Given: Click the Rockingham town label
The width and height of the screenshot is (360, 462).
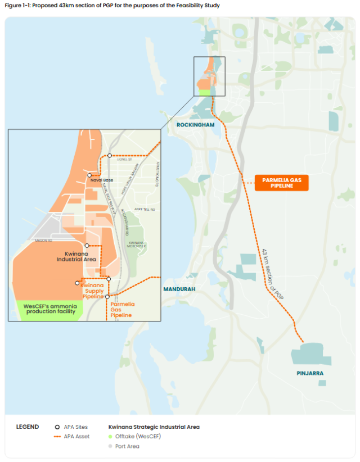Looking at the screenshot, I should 196,125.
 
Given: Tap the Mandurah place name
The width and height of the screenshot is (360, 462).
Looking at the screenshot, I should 179,289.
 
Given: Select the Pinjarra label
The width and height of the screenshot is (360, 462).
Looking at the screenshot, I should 310,373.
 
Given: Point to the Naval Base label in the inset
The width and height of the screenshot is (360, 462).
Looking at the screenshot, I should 102,180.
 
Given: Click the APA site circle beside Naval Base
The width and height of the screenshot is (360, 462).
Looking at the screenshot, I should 89,175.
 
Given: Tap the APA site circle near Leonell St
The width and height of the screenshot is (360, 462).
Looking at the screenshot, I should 110,155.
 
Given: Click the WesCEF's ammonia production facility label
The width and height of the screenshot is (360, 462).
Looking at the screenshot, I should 50,309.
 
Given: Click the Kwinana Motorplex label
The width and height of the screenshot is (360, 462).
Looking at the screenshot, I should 137,244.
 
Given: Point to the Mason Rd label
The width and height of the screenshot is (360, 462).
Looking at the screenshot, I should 43,241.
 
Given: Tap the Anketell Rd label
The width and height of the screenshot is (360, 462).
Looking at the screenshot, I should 145,209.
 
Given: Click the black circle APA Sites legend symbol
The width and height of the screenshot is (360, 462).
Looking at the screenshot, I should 57,427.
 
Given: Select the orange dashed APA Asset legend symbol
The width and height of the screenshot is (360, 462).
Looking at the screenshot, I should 57,436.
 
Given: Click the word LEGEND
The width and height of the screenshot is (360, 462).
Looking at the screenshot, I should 28,427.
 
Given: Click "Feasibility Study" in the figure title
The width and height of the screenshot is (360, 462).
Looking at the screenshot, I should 195,6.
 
